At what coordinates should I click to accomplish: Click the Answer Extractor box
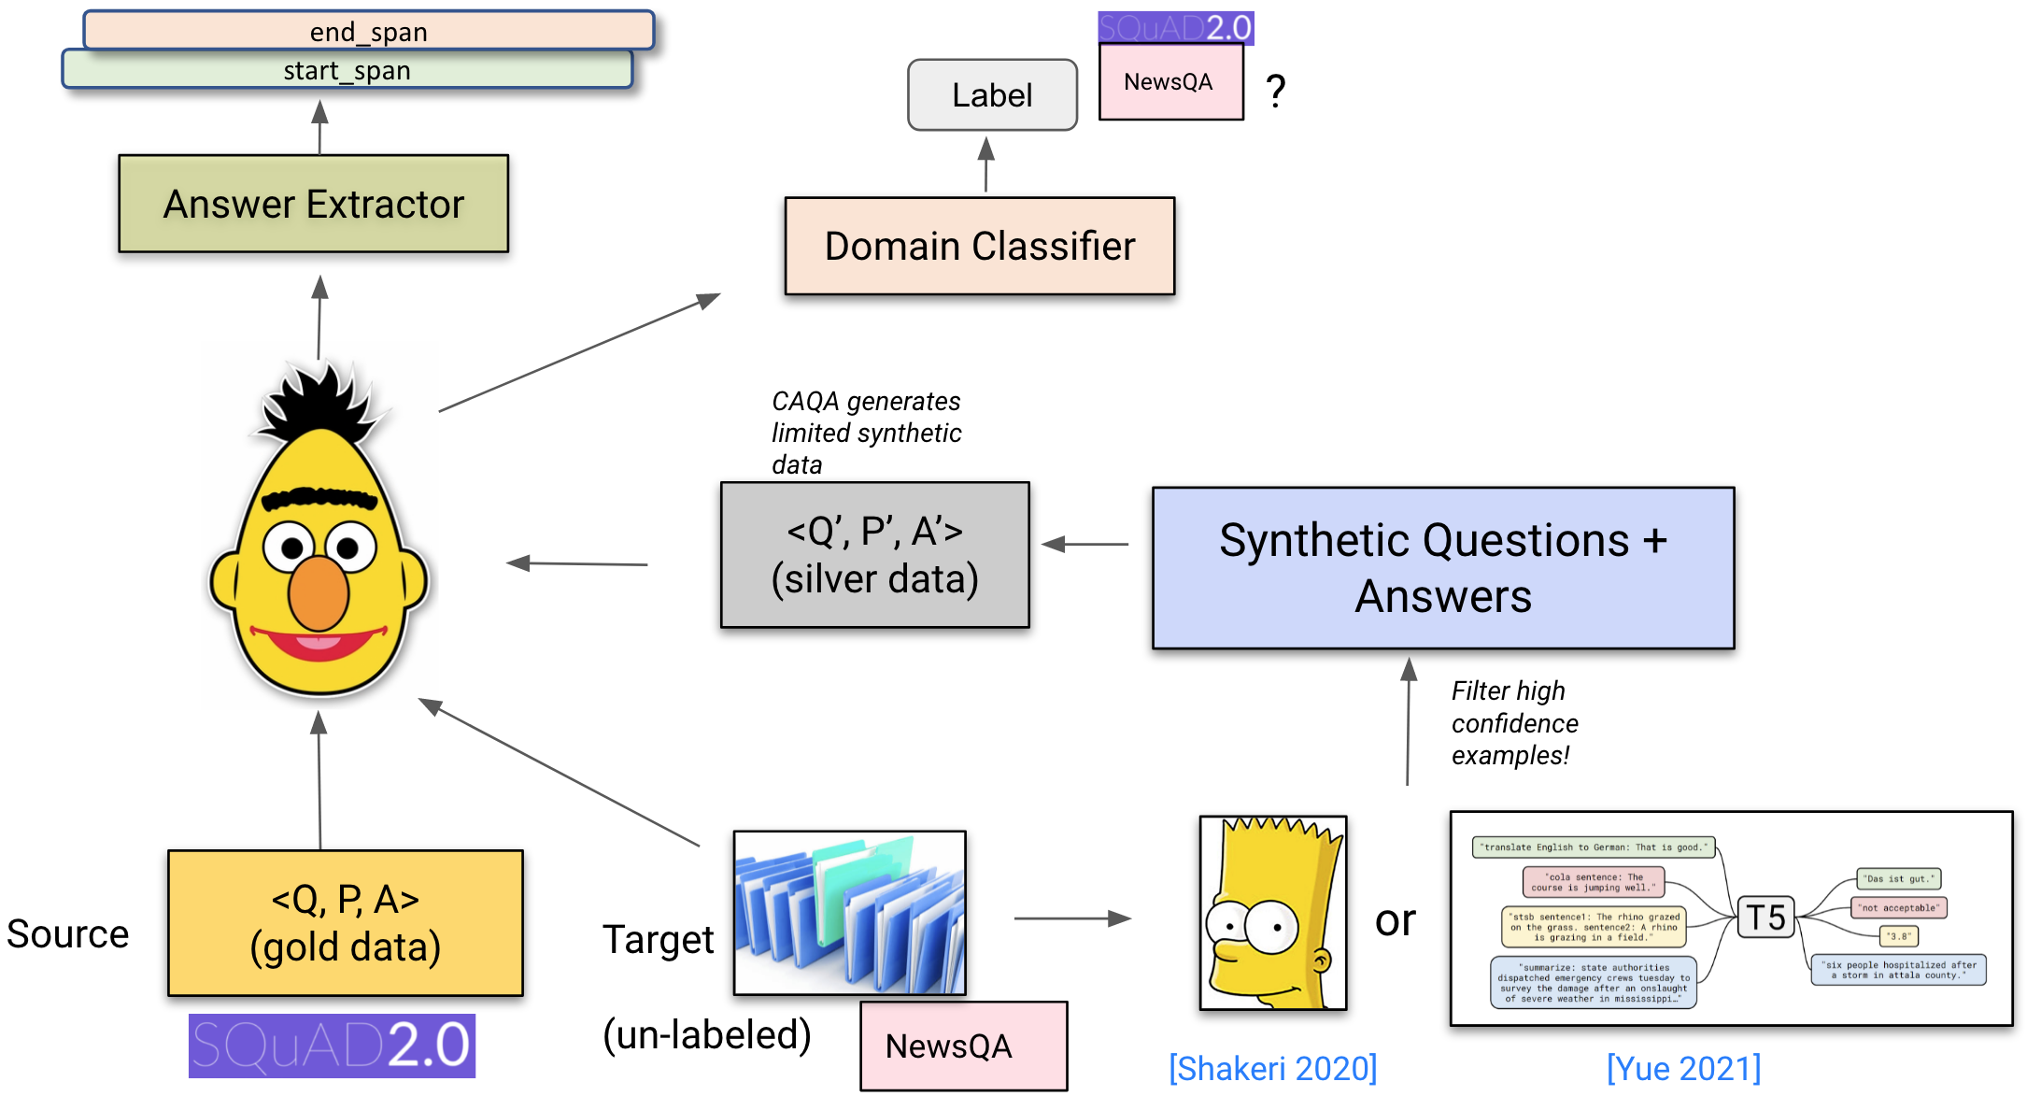pyautogui.click(x=314, y=204)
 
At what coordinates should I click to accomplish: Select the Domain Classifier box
pyautogui.click(x=979, y=247)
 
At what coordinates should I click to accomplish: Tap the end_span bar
pyautogui.click(x=368, y=31)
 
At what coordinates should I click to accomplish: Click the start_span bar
pyautogui.click(x=347, y=70)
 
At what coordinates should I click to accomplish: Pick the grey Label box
pyautogui.click(x=992, y=95)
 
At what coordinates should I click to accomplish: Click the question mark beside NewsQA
pyautogui.click(x=1276, y=91)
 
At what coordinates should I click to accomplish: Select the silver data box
pyautogui.click(x=874, y=555)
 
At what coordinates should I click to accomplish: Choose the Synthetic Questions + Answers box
pyautogui.click(x=1442, y=568)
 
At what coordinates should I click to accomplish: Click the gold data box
pyautogui.click(x=345, y=923)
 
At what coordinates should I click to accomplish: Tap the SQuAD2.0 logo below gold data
pyautogui.click(x=332, y=1046)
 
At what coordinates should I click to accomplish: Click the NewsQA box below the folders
pyautogui.click(x=963, y=1046)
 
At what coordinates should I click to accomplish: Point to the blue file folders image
pyautogui.click(x=849, y=913)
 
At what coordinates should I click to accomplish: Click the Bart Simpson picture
pyautogui.click(x=1272, y=913)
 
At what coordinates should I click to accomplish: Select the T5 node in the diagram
pyautogui.click(x=1765, y=918)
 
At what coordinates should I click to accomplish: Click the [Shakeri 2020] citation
pyautogui.click(x=1272, y=1068)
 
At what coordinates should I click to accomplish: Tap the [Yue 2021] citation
pyautogui.click(x=1683, y=1068)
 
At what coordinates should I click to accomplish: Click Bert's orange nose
pyautogui.click(x=318, y=593)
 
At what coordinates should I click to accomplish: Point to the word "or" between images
pyautogui.click(x=1396, y=921)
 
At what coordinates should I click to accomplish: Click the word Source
pyautogui.click(x=68, y=934)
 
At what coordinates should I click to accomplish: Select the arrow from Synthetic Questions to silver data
pyautogui.click(x=1085, y=544)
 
